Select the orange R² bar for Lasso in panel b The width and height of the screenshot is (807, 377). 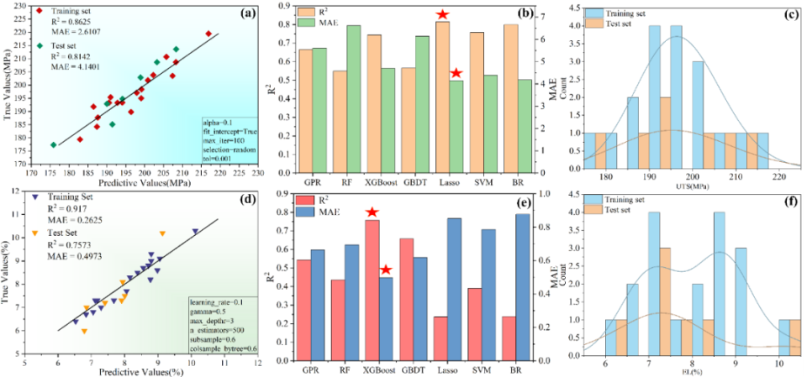pos(442,93)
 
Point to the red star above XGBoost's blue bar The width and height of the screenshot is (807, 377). pos(386,270)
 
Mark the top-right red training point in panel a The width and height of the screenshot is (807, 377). pos(208,34)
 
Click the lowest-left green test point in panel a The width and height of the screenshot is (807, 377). pos(53,144)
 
